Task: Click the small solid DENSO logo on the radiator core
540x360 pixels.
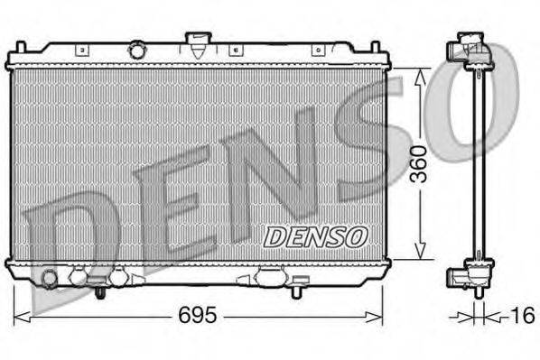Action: point(316,236)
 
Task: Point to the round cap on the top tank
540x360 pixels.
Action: point(138,49)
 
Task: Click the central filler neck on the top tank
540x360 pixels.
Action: point(196,42)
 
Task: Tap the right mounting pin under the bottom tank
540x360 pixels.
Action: point(295,290)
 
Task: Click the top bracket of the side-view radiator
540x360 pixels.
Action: point(473,50)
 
